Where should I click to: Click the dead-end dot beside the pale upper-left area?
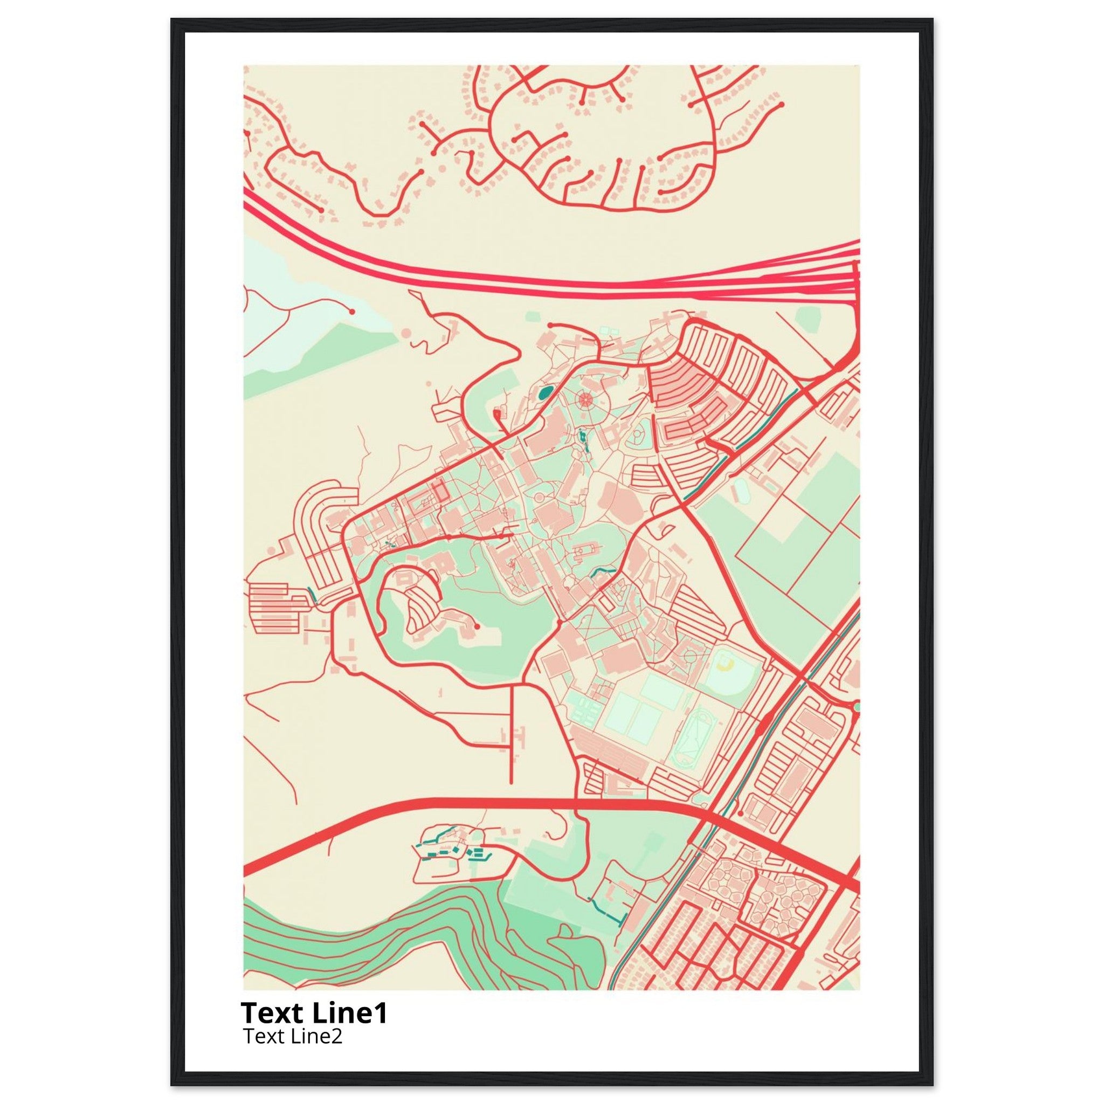[x=352, y=312]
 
